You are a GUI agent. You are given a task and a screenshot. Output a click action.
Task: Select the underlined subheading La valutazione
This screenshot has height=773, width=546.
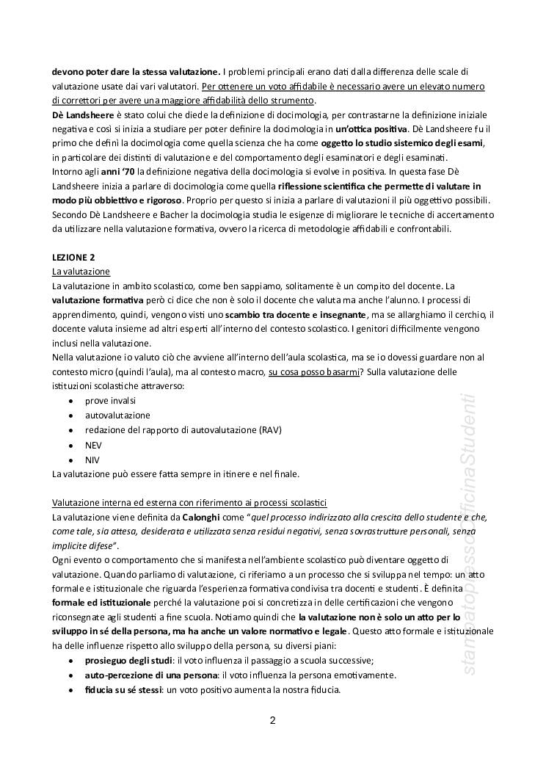81,272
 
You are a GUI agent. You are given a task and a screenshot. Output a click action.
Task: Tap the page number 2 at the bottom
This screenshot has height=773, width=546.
272,719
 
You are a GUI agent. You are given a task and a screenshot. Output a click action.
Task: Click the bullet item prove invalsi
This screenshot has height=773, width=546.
110,400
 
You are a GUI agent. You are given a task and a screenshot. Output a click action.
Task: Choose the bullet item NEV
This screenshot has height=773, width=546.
93,445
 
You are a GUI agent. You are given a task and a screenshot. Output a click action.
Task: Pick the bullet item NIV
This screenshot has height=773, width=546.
92,460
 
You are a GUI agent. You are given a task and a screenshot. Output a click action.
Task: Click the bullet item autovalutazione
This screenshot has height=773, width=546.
116,415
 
